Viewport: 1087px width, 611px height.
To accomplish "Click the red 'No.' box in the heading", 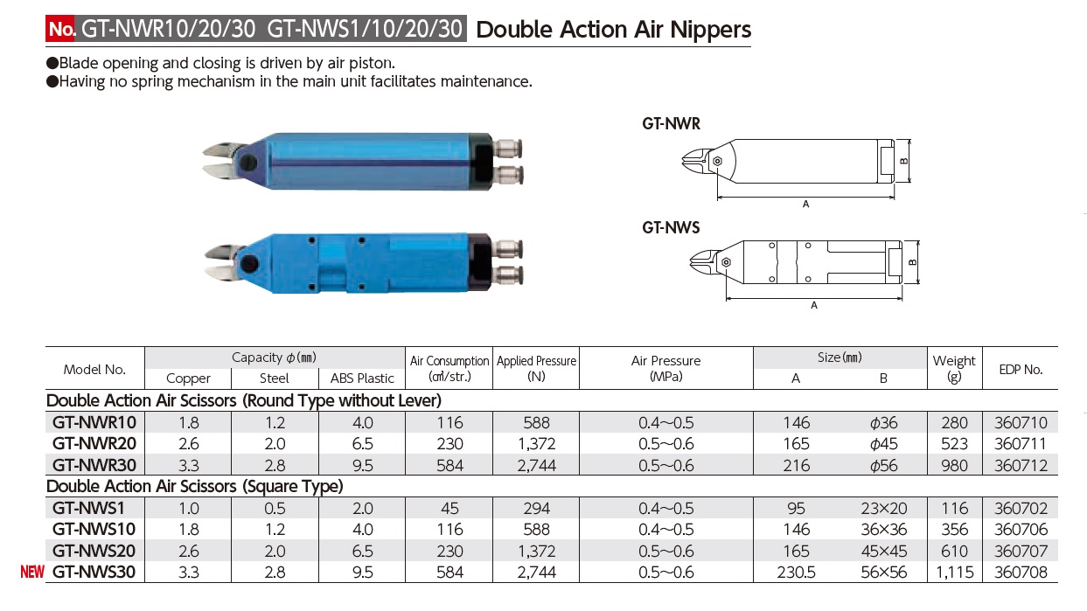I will (61, 29).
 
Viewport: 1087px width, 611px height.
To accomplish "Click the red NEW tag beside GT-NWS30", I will (32, 573).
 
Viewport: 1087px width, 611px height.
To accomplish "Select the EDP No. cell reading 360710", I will (1021, 423).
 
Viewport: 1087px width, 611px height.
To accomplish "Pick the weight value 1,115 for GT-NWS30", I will (954, 573).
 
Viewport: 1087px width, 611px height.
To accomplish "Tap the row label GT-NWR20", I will (94, 444).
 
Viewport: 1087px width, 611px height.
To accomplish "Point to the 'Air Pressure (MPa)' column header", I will (665, 368).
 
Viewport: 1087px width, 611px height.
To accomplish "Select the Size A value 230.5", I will (797, 573).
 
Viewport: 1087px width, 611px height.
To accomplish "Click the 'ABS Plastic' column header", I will (362, 378).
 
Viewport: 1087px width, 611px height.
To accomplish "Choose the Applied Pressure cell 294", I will (536, 508).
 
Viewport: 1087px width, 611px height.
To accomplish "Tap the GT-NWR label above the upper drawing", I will (672, 124).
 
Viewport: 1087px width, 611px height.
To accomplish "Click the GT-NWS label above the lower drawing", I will (672, 227).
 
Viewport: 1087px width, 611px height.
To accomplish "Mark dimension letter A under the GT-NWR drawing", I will (805, 204).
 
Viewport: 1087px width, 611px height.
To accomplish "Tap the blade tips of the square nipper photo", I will (211, 265).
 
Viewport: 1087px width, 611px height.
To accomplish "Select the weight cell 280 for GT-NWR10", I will (954, 423).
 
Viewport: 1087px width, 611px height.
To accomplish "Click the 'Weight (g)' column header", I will (954, 368).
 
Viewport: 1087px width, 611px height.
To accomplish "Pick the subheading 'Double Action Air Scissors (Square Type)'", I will (194, 486).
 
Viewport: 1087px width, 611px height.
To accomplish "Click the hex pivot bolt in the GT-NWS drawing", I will (725, 261).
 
